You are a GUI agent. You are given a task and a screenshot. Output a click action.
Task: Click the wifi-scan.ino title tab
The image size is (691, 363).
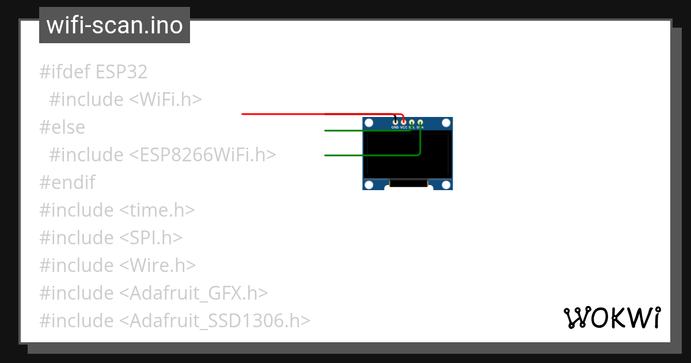(x=114, y=25)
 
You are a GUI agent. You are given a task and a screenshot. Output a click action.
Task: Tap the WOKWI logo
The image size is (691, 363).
(x=612, y=317)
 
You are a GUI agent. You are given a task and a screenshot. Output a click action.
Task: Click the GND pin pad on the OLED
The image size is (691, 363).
(x=395, y=122)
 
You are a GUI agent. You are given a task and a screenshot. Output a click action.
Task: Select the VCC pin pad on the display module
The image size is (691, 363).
(x=404, y=122)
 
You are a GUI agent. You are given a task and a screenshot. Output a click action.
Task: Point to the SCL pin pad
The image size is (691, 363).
(x=412, y=122)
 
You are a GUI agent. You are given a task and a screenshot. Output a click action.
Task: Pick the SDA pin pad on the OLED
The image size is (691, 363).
(x=420, y=122)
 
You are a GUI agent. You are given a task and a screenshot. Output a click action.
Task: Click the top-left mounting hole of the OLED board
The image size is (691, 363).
(x=369, y=123)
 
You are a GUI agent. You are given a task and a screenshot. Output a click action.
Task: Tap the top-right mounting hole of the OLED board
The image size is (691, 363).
(x=446, y=123)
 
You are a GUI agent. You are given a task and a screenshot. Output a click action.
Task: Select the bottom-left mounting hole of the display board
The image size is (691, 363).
(x=369, y=184)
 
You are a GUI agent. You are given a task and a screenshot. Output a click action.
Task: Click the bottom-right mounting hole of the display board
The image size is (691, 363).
(x=446, y=184)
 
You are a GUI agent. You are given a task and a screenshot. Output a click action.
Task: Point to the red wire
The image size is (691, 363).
(x=288, y=114)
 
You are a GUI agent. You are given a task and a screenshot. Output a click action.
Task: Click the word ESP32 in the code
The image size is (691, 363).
(x=122, y=72)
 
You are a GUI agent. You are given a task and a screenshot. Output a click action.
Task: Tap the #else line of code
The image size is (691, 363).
(x=62, y=127)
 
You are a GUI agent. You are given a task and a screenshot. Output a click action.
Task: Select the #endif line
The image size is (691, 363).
(x=67, y=183)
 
